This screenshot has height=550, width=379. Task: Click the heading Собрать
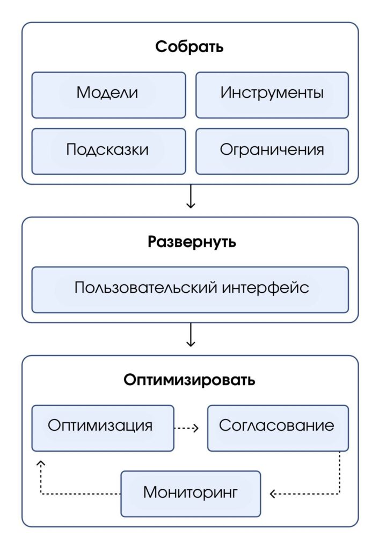(189, 47)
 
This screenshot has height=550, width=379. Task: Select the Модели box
(108, 94)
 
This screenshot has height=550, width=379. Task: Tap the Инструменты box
(272, 94)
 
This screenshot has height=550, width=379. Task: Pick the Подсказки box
(108, 150)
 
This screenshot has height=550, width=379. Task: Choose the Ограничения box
(272, 150)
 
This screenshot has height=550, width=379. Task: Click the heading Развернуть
(192, 242)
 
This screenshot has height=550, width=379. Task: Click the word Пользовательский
(146, 287)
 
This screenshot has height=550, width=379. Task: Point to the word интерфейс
(265, 287)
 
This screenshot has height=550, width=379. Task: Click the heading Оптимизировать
(189, 380)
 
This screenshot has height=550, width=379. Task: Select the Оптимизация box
(103, 428)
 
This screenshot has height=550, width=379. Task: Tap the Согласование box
(278, 428)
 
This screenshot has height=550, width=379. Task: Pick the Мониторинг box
(190, 493)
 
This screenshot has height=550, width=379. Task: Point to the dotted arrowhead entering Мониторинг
(272, 494)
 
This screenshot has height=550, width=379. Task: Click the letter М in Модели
(83, 93)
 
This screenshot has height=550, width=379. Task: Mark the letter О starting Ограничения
(226, 149)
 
